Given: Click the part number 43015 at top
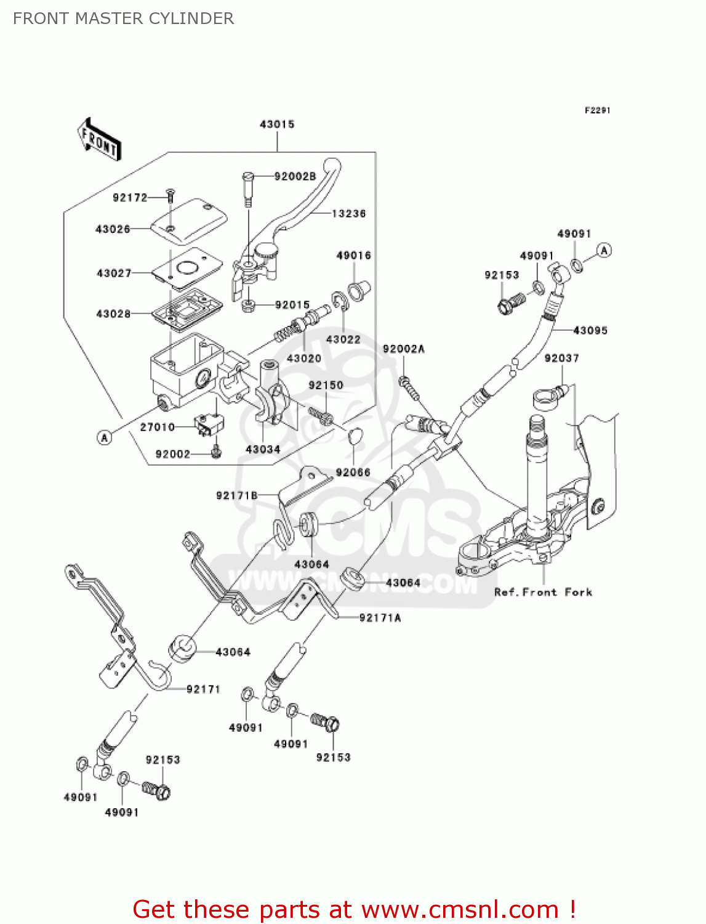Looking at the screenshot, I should (277, 124).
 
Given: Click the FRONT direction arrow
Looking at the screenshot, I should (99, 140).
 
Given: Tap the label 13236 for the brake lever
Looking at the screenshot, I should (348, 214).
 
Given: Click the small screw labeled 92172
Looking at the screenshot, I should (170, 197).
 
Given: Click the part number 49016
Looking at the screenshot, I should (353, 256).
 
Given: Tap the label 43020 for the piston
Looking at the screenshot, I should (304, 358).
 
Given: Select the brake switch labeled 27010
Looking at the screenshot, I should (208, 425).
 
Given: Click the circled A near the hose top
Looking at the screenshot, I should (604, 250).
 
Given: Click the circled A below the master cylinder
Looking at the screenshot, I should (105, 437).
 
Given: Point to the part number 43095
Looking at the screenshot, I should (590, 331).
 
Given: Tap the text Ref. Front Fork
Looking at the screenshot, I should (543, 592).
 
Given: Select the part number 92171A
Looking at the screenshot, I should (380, 618).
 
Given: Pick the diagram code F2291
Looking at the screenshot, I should (597, 110).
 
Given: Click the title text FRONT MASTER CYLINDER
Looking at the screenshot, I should (123, 18).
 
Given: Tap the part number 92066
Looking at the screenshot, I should (353, 472).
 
